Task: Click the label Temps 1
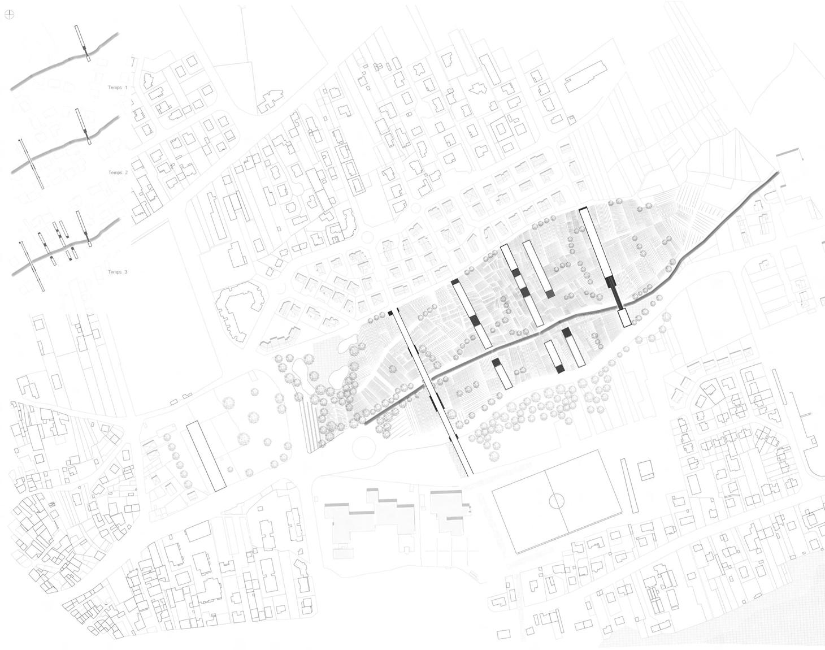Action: pos(118,88)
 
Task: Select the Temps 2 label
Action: pos(118,172)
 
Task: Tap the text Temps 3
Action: pos(118,272)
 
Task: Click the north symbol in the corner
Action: pos(9,15)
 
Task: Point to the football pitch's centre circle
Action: pos(557,501)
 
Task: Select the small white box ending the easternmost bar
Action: pos(624,318)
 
